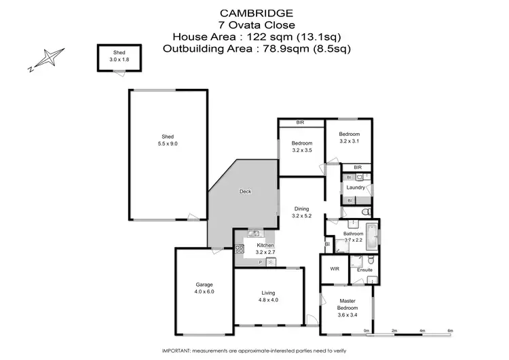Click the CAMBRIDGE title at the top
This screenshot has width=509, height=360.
click(x=257, y=12)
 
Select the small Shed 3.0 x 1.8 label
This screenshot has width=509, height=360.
click(x=119, y=56)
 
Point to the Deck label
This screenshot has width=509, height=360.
click(x=246, y=192)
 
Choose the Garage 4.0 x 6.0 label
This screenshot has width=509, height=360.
click(x=204, y=287)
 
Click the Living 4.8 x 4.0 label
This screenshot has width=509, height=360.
click(x=269, y=296)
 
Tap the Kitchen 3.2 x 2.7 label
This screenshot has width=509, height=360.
click(x=265, y=248)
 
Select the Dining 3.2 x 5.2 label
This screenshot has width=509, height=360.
click(x=302, y=213)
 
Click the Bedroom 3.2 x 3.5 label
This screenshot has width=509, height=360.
click(x=302, y=147)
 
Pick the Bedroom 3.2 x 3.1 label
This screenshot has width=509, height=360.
click(x=350, y=138)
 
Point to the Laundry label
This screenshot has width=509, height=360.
click(x=356, y=187)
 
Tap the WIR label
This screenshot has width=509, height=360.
click(x=334, y=269)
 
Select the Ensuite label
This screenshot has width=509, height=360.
click(x=364, y=270)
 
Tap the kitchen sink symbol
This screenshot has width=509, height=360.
click(x=252, y=234)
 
